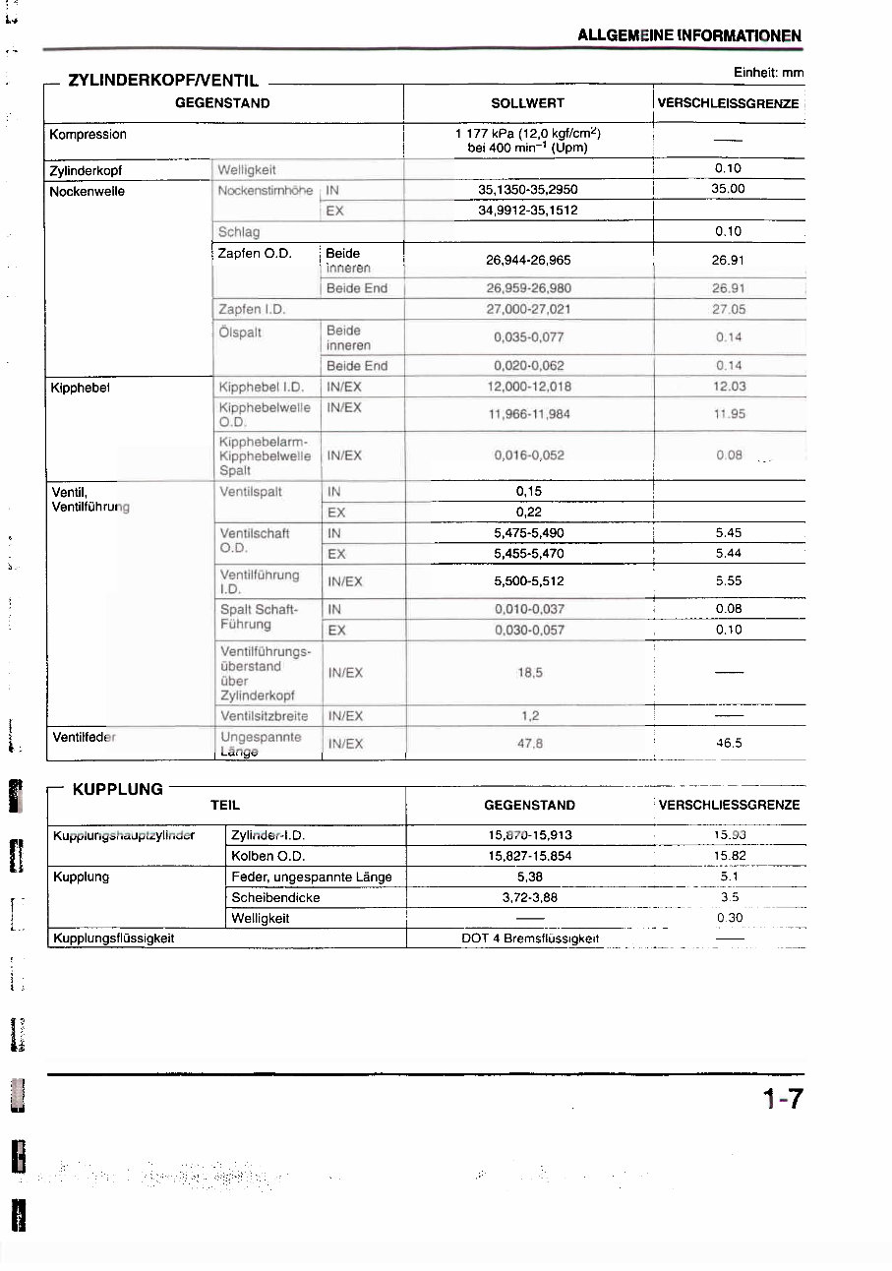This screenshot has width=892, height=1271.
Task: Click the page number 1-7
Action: [x=782, y=1098]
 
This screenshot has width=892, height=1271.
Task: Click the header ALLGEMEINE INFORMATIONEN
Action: [x=689, y=35]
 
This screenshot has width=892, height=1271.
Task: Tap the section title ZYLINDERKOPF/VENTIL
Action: [x=163, y=81]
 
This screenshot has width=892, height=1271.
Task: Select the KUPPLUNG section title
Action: [x=118, y=789]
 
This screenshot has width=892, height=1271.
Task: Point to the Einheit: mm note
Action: [x=768, y=73]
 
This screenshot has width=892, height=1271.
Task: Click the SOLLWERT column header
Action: [x=527, y=103]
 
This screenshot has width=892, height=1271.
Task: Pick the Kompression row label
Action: [x=89, y=134]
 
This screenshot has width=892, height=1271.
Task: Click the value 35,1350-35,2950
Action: [x=527, y=190]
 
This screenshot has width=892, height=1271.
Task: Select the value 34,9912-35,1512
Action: [x=527, y=211]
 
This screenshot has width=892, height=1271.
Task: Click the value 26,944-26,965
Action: [x=527, y=261]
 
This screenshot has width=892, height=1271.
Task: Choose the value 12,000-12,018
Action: [x=527, y=388]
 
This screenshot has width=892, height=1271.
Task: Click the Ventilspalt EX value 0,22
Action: [x=528, y=513]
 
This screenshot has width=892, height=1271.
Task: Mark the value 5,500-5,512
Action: [x=528, y=581]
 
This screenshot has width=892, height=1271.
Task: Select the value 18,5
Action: [x=529, y=673]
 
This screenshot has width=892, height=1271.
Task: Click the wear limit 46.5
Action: [x=729, y=744]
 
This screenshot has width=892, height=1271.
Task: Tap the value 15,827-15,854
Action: [x=529, y=856]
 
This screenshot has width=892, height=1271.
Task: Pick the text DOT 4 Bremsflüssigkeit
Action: [x=529, y=938]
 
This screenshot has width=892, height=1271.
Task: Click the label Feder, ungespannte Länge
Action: [x=311, y=877]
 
